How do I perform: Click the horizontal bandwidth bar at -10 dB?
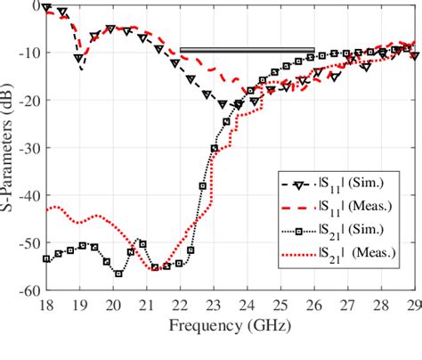pos(247,50)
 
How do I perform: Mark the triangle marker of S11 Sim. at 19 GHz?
pos(79,59)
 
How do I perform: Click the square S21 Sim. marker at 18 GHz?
pos(46,258)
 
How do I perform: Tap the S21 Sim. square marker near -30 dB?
pos(214,149)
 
